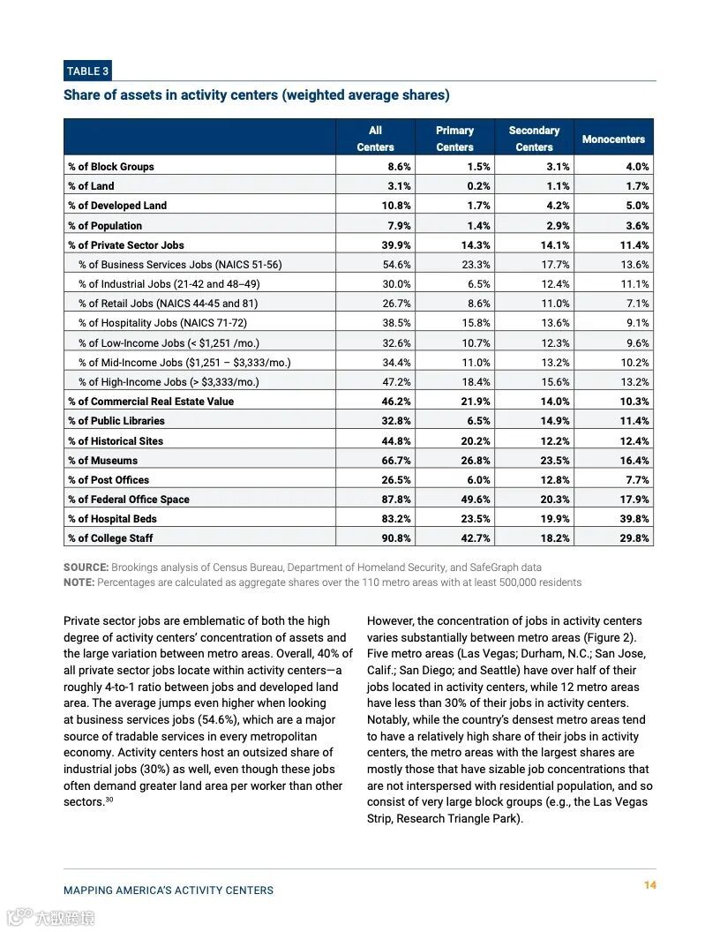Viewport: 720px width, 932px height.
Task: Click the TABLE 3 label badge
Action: pyautogui.click(x=86, y=71)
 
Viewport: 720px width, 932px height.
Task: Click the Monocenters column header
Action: pyautogui.click(x=613, y=139)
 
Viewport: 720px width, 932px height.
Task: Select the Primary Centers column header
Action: pyautogui.click(x=454, y=139)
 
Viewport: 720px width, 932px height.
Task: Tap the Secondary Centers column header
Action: pyautogui.click(x=534, y=139)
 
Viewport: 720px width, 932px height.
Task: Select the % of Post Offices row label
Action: pyautogui.click(x=109, y=480)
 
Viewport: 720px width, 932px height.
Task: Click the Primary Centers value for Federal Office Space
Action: pyautogui.click(x=476, y=500)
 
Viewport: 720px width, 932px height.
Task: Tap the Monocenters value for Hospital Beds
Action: pyautogui.click(x=634, y=519)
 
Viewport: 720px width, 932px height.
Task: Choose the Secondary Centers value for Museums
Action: pyautogui.click(x=555, y=461)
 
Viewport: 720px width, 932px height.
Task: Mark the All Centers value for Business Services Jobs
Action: pyautogui.click(x=396, y=265)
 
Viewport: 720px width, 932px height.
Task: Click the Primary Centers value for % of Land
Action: pyautogui.click(x=478, y=186)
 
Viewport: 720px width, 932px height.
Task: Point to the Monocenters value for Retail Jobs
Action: pyautogui.click(x=637, y=304)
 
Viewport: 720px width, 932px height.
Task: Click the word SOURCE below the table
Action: pyautogui.click(x=86, y=567)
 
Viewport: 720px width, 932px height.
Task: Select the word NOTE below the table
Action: pyautogui.click(x=79, y=582)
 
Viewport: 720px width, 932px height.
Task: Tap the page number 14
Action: pyautogui.click(x=649, y=885)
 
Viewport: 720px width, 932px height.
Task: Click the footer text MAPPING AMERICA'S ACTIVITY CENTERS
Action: pyautogui.click(x=169, y=891)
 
